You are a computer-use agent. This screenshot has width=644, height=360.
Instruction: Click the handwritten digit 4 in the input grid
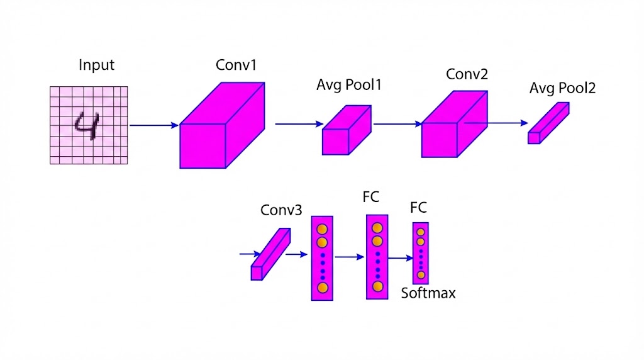tap(87, 125)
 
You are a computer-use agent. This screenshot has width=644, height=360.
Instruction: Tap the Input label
tap(97, 65)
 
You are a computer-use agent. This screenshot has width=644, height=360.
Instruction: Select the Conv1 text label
tap(236, 65)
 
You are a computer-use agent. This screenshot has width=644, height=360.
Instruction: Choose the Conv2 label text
tap(467, 74)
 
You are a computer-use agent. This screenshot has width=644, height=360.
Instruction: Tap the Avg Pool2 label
tap(562, 88)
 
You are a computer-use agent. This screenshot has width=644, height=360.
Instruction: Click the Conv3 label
tap(282, 210)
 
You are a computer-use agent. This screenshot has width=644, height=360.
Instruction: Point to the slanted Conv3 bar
tap(270, 254)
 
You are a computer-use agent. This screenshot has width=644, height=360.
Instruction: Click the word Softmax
tap(428, 293)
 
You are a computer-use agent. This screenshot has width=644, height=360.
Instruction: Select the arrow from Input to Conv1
tap(153, 125)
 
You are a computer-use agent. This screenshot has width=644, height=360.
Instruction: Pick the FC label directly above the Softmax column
tap(418, 208)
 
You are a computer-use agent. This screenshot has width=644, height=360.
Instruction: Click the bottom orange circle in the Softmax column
tap(421, 275)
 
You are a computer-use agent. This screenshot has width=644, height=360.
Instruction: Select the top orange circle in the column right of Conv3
tap(322, 229)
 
